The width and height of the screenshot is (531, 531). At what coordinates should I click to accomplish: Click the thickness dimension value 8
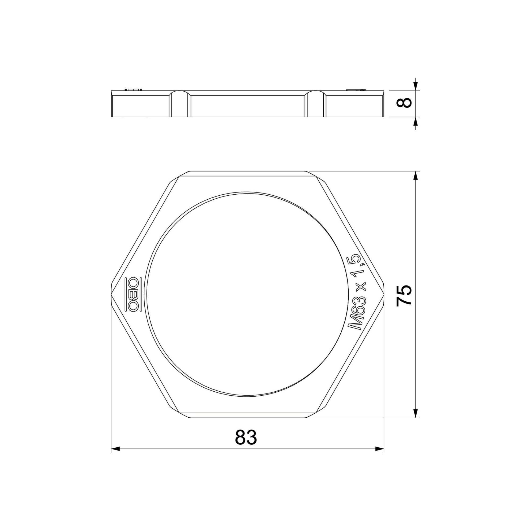tap(404, 103)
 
